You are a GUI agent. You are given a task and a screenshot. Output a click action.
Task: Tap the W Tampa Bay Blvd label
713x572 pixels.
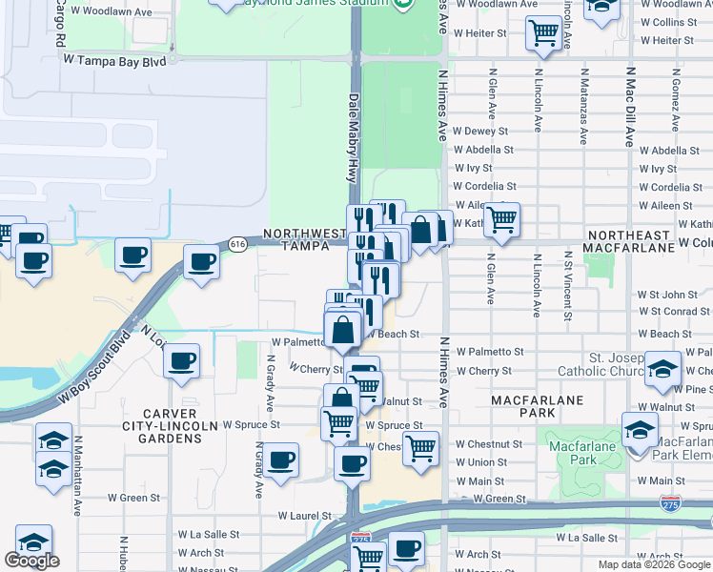[114, 59]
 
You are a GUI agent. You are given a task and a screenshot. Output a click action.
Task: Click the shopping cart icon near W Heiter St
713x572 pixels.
[543, 32]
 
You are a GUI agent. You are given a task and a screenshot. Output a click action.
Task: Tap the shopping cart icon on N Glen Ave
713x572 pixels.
[501, 219]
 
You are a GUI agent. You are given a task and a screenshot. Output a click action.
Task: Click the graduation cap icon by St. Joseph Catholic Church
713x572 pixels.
[662, 370]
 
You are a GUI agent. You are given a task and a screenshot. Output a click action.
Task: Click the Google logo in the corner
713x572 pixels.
[31, 561]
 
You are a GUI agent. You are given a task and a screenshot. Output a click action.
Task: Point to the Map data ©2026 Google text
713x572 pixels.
[654, 564]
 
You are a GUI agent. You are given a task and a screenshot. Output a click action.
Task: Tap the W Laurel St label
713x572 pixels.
[303, 516]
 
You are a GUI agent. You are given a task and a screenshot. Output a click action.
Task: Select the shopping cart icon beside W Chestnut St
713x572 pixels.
[419, 446]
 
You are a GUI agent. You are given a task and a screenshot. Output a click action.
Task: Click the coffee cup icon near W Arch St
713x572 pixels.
[407, 549]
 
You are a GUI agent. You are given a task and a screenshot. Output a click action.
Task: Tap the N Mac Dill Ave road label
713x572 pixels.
[629, 107]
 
